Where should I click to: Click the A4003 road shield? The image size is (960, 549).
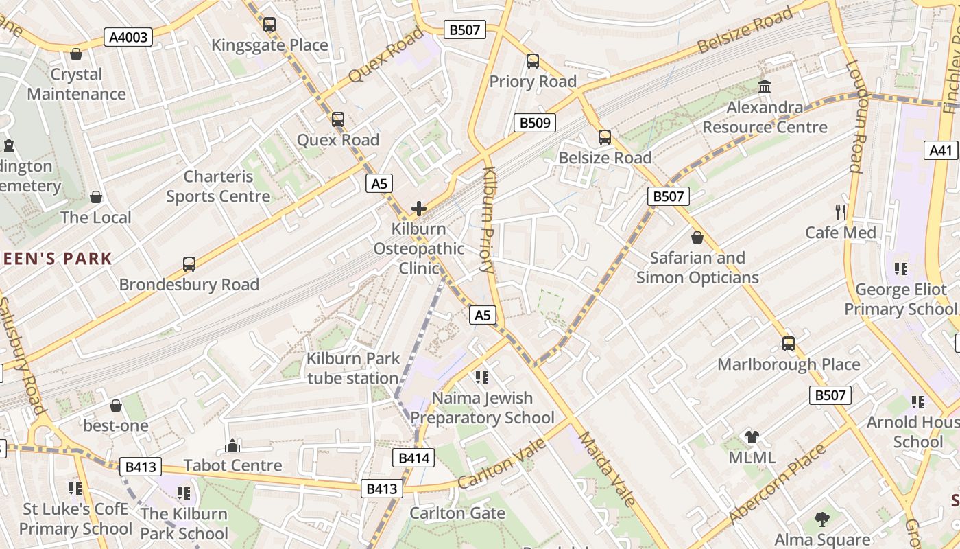[129, 37]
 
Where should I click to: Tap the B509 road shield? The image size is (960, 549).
[534, 123]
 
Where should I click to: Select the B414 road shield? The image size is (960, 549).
[413, 458]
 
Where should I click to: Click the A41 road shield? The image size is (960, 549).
[941, 151]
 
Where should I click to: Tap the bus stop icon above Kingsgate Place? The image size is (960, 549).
[269, 25]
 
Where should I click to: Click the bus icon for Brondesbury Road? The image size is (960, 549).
[189, 264]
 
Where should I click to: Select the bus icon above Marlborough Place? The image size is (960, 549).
[789, 344]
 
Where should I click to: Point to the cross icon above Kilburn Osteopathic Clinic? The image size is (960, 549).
[418, 209]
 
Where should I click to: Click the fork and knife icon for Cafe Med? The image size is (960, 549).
[841, 211]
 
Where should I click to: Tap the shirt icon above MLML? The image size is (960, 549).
[752, 437]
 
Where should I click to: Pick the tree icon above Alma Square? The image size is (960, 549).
[822, 519]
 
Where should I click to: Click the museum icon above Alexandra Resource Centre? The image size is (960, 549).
[765, 87]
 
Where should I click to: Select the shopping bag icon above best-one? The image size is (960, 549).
[116, 406]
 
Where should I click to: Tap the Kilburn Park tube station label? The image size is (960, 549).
[352, 369]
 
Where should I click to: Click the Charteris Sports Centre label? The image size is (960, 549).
[218, 187]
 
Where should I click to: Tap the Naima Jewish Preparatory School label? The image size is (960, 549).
[482, 408]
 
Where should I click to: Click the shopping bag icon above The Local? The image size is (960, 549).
[96, 197]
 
